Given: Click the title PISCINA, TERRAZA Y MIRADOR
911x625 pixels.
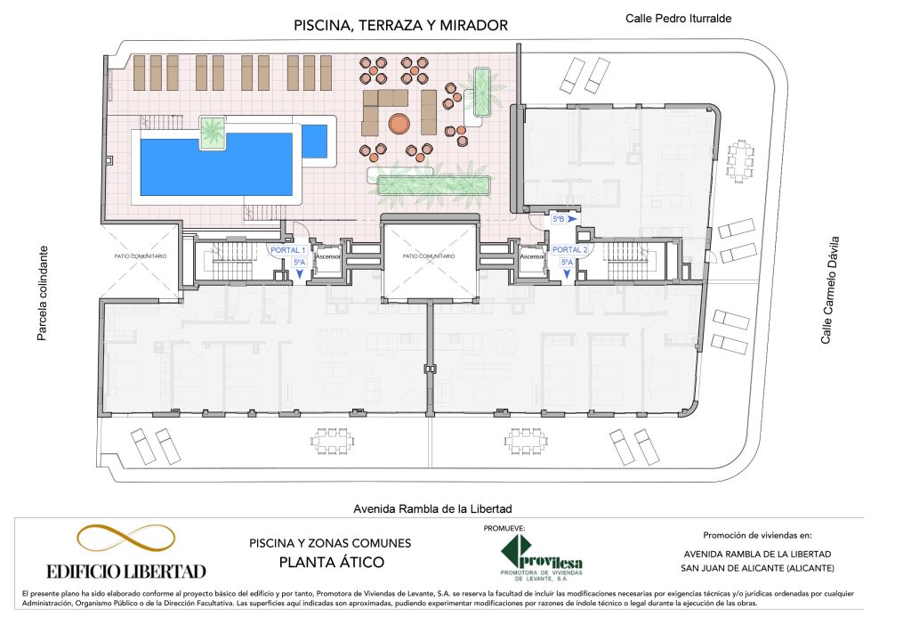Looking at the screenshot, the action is pyautogui.click(x=401, y=26).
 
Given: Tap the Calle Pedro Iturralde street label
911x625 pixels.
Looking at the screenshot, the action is pyautogui.click(x=678, y=19).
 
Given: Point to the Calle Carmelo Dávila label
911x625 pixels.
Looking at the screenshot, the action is pyautogui.click(x=830, y=290).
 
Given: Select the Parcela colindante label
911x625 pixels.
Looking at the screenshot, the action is pyautogui.click(x=42, y=293).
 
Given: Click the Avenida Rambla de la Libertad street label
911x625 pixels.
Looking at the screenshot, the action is pyautogui.click(x=433, y=508).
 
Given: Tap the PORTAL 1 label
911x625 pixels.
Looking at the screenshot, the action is pyautogui.click(x=287, y=250).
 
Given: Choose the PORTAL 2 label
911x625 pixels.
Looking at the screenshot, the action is pyautogui.click(x=570, y=249).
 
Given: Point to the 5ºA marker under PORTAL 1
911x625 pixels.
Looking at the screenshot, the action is pyautogui.click(x=299, y=263).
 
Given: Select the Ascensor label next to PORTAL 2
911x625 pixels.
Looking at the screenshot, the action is pyautogui.click(x=532, y=256).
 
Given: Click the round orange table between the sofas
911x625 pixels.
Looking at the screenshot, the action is pyautogui.click(x=399, y=123).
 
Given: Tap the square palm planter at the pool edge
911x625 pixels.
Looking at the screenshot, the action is pyautogui.click(x=213, y=133).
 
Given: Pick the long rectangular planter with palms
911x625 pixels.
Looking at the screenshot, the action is pyautogui.click(x=433, y=185).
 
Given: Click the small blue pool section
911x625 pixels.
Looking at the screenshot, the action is pyautogui.click(x=314, y=142).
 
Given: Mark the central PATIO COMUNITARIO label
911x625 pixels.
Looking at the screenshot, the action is pyautogui.click(x=429, y=256).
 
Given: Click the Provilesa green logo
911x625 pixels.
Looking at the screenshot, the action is pyautogui.click(x=542, y=557).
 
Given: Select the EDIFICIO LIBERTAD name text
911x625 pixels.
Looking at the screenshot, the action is pyautogui.click(x=126, y=572).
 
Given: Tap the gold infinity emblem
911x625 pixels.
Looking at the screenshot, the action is pyautogui.click(x=125, y=538).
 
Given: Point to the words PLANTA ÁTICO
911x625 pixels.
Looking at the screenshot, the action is pyautogui.click(x=332, y=562).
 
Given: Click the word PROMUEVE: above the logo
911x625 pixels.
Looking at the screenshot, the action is pyautogui.click(x=504, y=529).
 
